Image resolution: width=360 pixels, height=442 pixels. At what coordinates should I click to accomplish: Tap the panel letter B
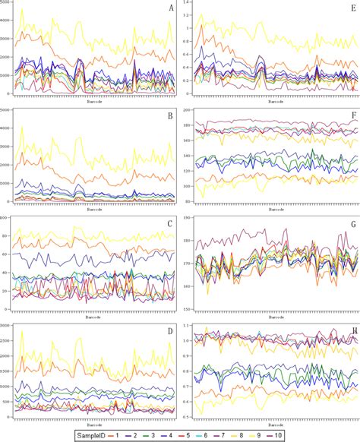[171, 118]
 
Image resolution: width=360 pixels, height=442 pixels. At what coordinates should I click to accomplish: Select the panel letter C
[171, 226]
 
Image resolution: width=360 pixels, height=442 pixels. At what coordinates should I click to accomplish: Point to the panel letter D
[171, 332]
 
